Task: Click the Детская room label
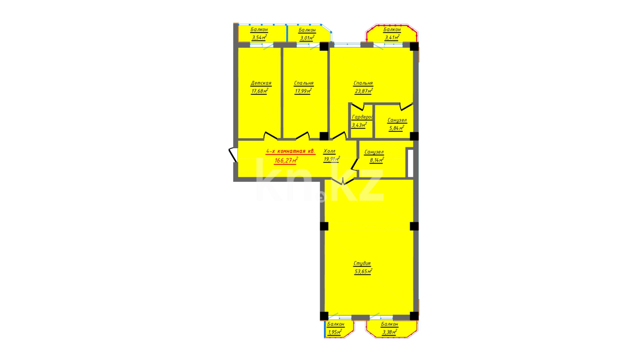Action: coord(261,83)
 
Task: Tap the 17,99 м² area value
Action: coord(303,91)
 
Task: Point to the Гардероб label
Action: coord(362,117)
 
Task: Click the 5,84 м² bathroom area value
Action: coord(397,128)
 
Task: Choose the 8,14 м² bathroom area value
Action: coord(377,160)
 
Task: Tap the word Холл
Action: coord(329,151)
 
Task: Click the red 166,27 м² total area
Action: coord(286,160)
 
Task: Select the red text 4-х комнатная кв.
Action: coord(290,151)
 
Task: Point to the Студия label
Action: coord(362,263)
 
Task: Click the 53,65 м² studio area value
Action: coord(363,271)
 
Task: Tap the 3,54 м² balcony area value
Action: coord(259,37)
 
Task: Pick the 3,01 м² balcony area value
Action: coord(307,38)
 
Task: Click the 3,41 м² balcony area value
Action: coord(392,37)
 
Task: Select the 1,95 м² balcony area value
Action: coord(335,332)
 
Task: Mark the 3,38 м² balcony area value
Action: coord(390,332)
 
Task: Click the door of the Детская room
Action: coord(270,136)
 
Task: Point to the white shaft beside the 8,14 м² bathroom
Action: coord(411,163)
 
